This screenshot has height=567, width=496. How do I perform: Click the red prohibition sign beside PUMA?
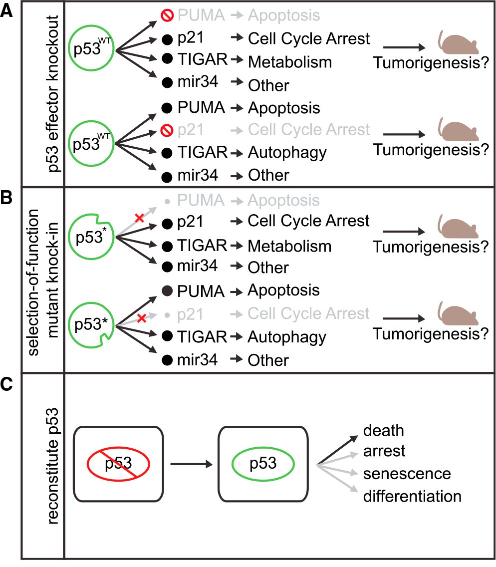coord(167,15)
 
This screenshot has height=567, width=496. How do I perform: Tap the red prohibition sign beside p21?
coord(167,131)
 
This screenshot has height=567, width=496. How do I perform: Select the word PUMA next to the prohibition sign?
coord(201,15)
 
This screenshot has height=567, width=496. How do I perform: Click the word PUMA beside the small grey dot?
coord(201,201)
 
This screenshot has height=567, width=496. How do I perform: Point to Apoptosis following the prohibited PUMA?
coord(284,15)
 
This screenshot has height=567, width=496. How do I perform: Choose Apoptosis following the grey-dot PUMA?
coord(283,201)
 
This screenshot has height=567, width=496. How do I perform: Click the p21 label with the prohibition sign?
coord(190,131)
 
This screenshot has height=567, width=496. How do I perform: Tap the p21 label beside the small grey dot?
coord(190,315)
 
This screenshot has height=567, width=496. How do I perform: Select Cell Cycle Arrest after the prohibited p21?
coord(309,130)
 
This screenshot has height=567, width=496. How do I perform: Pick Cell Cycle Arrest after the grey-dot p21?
coord(309,314)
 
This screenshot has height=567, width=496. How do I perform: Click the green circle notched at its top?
coord(91,237)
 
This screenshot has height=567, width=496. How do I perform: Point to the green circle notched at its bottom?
coord(91,325)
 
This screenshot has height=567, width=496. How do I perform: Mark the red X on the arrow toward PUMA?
coord(140,217)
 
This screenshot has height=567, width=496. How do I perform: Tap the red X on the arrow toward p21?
coord(142,318)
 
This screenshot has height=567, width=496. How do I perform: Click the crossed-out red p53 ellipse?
coord(118,464)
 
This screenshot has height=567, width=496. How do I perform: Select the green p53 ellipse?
coord(263,464)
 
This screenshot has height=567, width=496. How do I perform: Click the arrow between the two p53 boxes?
coord(191,464)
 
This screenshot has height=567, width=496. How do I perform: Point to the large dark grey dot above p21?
coord(168,290)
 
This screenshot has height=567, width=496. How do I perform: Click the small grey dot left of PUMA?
coord(167,202)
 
